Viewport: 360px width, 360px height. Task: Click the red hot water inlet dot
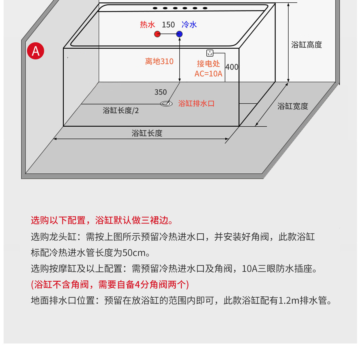pos(157,34)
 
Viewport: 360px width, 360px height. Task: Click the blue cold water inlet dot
pos(179,34)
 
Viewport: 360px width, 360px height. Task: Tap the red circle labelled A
pos(36,51)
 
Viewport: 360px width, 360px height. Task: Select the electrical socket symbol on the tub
pos(210,53)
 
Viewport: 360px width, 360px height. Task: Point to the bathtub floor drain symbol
pos(166,104)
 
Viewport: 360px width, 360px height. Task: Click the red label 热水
pos(147,25)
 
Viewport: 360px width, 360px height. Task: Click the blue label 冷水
pos(189,25)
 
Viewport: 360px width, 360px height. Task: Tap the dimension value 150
pos(168,25)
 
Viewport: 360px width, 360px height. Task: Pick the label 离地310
pos(159,61)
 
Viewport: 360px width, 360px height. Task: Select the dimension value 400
pos(232,67)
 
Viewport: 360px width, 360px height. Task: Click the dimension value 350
pos(160,92)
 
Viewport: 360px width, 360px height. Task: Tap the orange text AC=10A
pos(208,74)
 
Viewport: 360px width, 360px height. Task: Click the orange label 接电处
pos(208,64)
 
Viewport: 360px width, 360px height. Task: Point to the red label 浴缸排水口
pos(196,103)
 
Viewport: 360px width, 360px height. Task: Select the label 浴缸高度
pos(306,45)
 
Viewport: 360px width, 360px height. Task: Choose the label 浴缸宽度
pos(292,106)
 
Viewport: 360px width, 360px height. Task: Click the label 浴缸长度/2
pos(121,111)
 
